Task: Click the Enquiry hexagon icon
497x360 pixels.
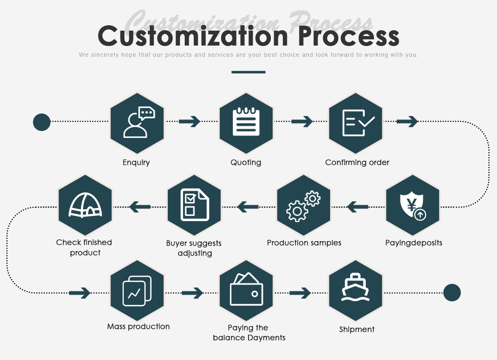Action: click(137, 123)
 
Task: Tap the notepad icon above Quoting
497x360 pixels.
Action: click(246, 123)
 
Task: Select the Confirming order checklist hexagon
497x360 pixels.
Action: click(356, 123)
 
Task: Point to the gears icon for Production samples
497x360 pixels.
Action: click(304, 205)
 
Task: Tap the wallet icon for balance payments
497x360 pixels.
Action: click(246, 291)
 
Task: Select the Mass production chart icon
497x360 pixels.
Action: click(137, 291)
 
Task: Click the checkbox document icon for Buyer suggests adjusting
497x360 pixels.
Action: click(194, 205)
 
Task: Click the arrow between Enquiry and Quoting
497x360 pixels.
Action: click(190, 121)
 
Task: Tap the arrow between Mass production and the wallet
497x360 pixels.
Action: click(193, 293)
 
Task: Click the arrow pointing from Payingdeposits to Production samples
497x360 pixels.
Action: click(357, 206)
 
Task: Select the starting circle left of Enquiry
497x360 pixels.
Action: click(42, 122)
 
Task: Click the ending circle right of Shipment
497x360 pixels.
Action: click(452, 293)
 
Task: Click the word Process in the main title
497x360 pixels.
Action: click(349, 36)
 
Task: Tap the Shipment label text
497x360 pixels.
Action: click(357, 329)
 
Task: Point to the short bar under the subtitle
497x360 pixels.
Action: click(248, 72)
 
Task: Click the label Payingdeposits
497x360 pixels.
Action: click(414, 243)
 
